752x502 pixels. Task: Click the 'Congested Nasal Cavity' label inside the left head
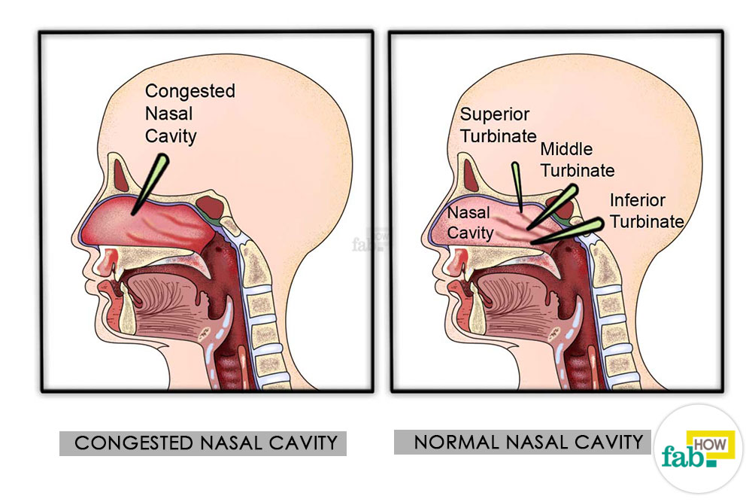190,113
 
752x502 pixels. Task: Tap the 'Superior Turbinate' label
498,125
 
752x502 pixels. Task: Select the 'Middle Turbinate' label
578,160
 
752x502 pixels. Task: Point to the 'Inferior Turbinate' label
647,211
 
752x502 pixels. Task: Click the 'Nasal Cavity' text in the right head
470,223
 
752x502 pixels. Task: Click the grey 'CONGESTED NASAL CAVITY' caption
203,443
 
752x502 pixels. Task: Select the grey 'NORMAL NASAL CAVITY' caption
523,442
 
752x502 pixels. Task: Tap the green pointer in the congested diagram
150,184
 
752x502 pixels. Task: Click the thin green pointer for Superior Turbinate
517,187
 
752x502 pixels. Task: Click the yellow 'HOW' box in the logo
711,444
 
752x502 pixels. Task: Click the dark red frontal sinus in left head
122,175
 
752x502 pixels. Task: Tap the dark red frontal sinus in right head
472,175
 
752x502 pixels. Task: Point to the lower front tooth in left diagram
127,310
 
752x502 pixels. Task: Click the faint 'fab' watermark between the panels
369,240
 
